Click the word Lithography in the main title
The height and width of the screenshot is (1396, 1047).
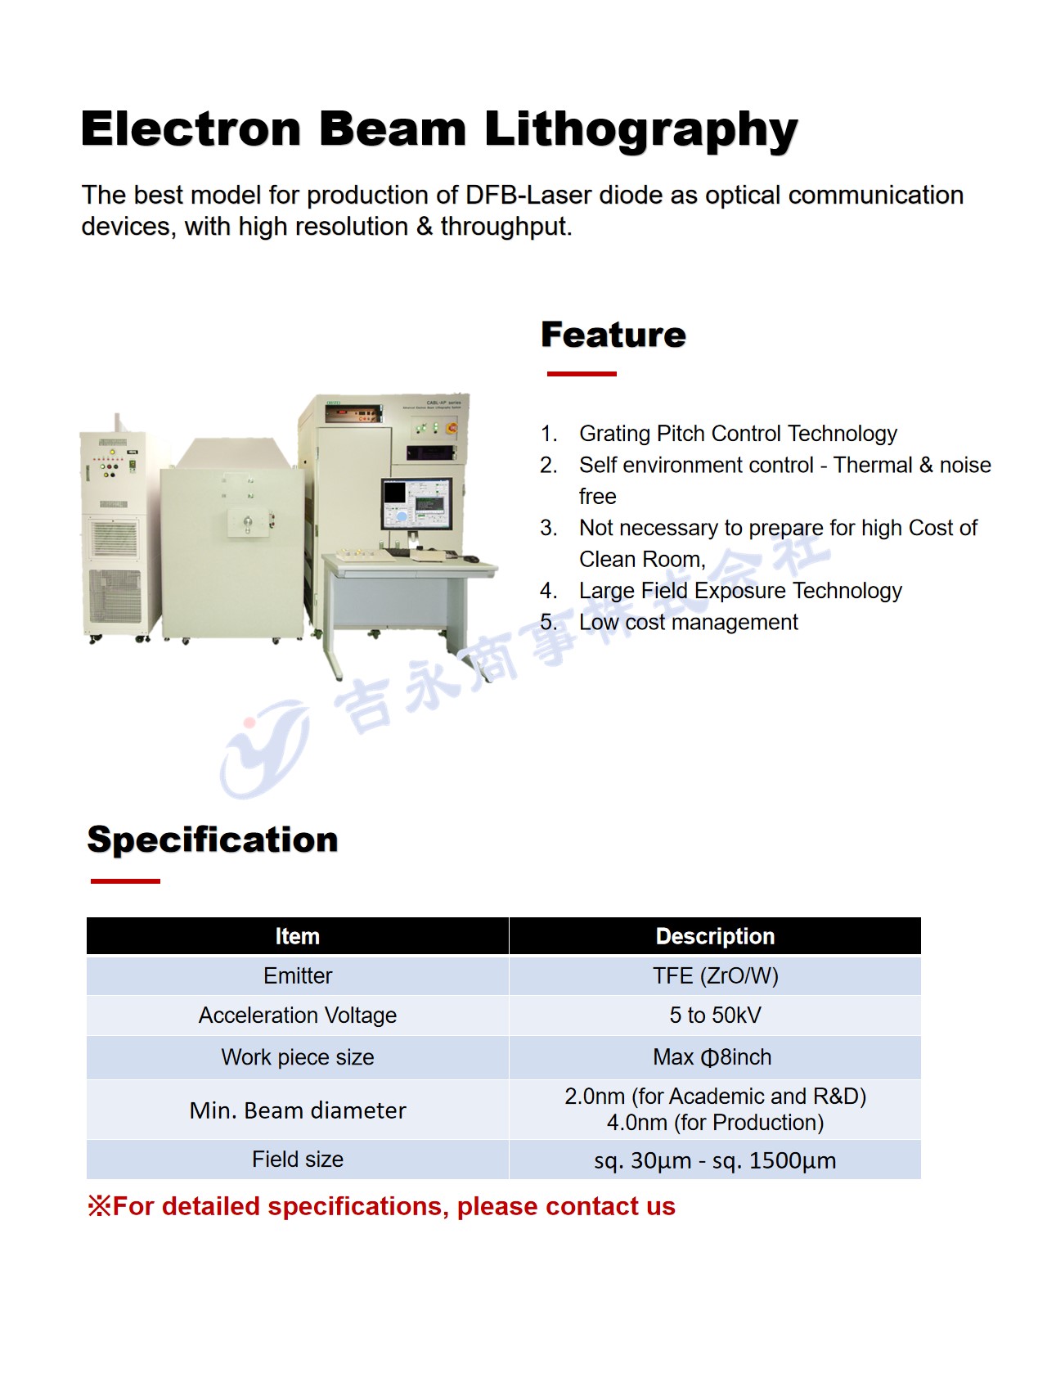pos(640,130)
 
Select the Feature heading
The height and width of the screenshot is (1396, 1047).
pos(613,335)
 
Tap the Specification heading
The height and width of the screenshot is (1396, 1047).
pos(213,840)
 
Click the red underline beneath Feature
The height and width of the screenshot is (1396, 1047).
pos(582,374)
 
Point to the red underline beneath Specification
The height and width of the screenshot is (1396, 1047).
pos(125,881)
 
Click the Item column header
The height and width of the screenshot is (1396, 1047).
pos(297,936)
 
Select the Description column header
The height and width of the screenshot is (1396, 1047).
pos(715,936)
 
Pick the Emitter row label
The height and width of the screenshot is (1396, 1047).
pos(298,975)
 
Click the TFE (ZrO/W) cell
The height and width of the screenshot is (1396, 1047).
pos(715,975)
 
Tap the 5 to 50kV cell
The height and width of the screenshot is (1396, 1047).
pos(715,1015)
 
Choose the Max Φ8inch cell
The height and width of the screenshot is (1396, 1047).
pos(712,1057)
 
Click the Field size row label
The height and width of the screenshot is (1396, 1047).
pos(298,1160)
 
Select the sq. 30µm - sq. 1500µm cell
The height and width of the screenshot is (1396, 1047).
pos(715,1161)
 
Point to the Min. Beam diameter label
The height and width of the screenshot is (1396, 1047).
pos(298,1110)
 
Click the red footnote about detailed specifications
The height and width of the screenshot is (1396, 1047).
pos(381,1207)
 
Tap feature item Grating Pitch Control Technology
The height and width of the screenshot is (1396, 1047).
pos(738,434)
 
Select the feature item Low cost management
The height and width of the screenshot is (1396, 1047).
pos(688,623)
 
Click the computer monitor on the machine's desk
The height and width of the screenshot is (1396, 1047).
pos(416,504)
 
